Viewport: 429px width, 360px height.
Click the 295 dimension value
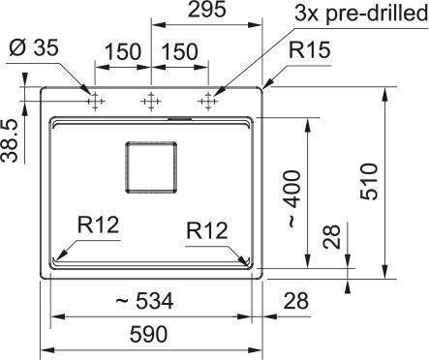[206, 10]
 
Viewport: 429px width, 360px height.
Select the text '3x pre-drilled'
[361, 15]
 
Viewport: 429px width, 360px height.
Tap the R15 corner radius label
[309, 50]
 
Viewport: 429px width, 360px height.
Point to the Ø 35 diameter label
[34, 47]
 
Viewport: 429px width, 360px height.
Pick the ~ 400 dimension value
[293, 199]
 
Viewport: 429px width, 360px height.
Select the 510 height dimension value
[369, 182]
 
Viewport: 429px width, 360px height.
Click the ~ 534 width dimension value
[144, 301]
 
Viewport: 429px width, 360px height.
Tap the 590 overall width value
[148, 334]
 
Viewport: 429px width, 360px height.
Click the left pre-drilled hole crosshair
[95, 102]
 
